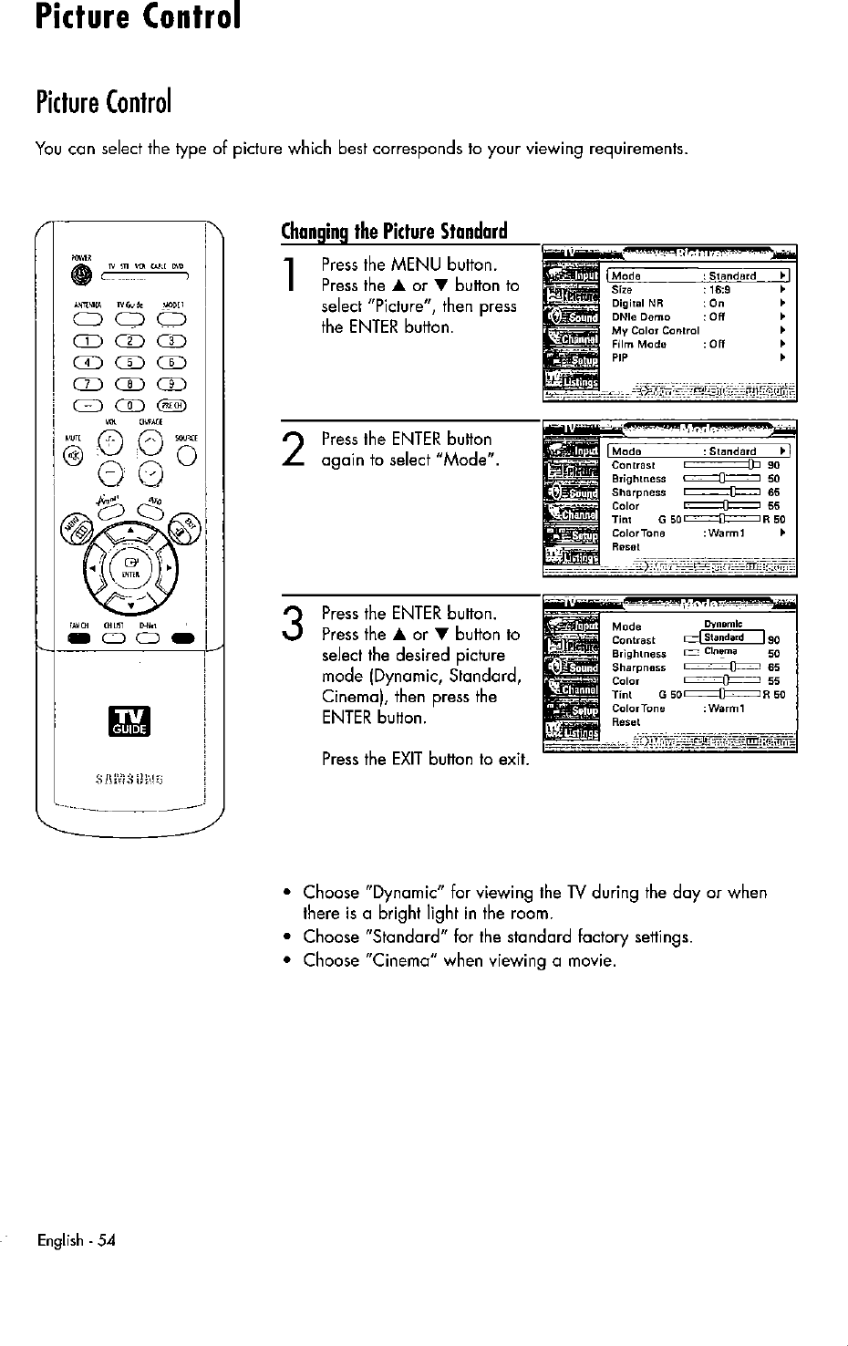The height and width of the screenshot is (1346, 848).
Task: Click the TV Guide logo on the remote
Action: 129,720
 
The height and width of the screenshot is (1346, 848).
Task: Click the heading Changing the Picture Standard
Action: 394,230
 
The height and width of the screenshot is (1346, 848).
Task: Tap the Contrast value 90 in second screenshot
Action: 773,465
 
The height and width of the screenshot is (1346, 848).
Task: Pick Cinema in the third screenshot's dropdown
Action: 720,652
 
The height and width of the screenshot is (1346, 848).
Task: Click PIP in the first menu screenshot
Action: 620,358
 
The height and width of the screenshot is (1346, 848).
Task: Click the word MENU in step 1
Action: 417,265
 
